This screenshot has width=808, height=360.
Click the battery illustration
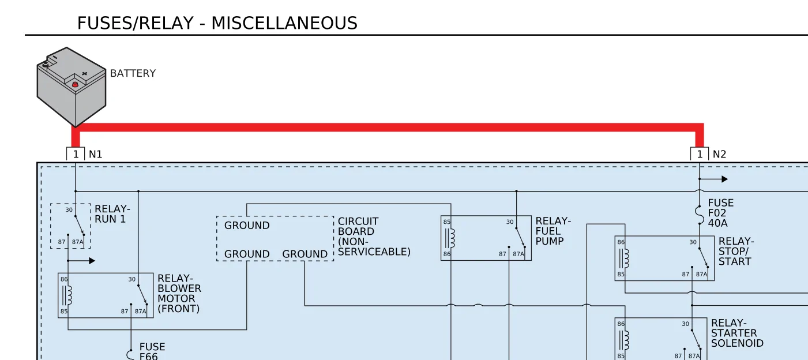72,87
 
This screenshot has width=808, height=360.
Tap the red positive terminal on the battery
75,84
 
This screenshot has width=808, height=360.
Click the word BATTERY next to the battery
133,73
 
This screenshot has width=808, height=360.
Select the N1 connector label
96,155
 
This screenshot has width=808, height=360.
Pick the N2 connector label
719,155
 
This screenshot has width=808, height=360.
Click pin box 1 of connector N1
76,154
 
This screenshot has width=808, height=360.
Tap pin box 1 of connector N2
700,154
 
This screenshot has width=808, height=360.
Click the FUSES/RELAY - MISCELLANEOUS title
217,23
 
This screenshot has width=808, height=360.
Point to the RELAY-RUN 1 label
112,214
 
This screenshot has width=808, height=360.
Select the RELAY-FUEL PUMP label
553,231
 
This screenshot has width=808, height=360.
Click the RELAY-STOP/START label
736,251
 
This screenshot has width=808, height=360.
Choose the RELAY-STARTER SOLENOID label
737,333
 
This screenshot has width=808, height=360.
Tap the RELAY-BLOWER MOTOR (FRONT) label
179,293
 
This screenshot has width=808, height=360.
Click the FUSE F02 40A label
721,213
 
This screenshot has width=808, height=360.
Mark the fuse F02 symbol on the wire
698,215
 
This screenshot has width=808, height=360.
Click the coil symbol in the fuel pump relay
451,238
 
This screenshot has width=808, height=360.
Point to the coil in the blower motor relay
67,295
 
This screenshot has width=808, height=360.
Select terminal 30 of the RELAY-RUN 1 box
69,209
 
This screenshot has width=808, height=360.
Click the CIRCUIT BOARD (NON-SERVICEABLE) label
374,237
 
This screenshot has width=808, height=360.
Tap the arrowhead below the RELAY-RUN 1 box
92,260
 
